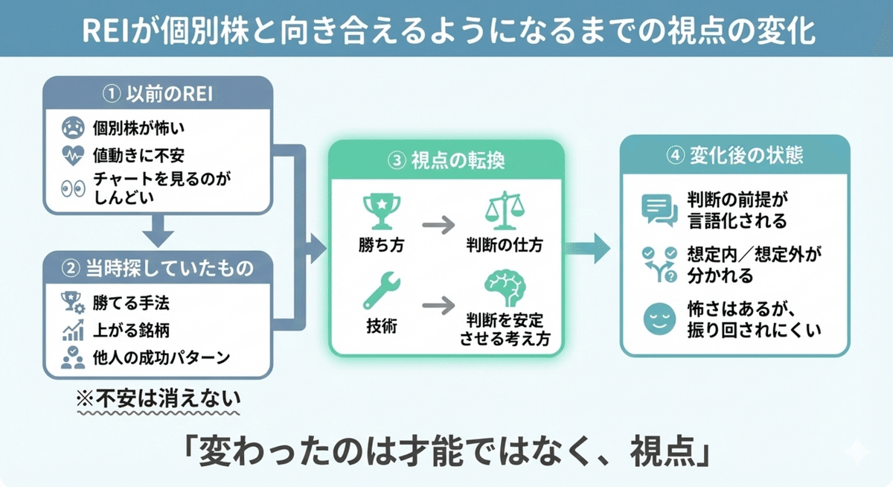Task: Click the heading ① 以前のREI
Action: pyautogui.click(x=158, y=95)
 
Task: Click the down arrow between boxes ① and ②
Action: pyautogui.click(x=158, y=232)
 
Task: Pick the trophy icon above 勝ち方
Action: pyautogui.click(x=381, y=210)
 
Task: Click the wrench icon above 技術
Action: pyautogui.click(x=381, y=291)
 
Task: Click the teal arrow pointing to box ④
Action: pyautogui.click(x=592, y=247)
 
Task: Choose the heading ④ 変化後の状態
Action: pyautogui.click(x=734, y=157)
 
